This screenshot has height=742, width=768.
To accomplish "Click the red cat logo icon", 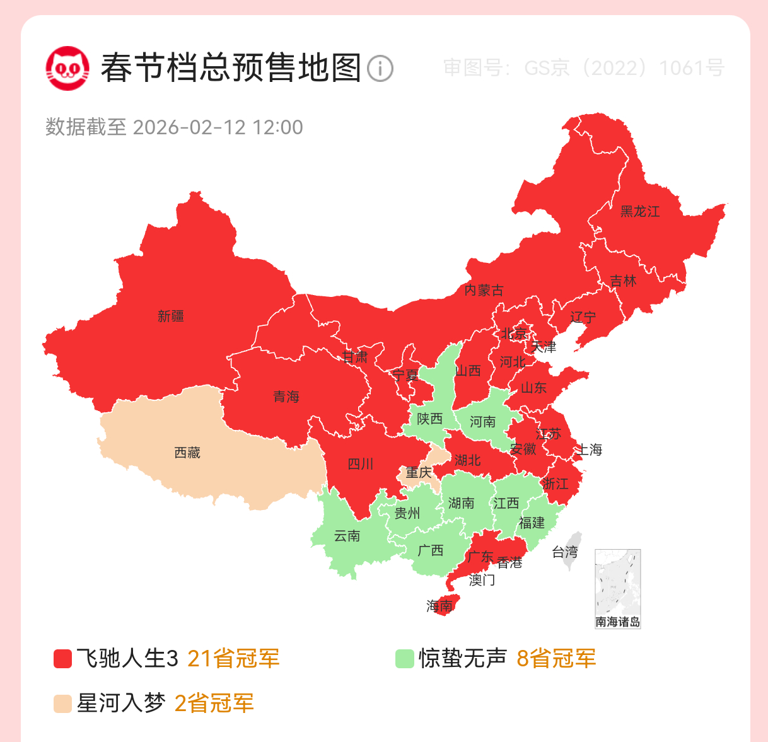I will tap(67, 68).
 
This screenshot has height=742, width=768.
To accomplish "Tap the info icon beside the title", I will tap(380, 68).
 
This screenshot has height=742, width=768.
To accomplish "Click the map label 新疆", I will tap(171, 316).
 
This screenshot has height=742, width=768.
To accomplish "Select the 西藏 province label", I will tap(187, 453).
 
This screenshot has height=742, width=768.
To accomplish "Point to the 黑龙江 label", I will tap(640, 212).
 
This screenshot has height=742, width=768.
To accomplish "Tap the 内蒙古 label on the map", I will tap(484, 291).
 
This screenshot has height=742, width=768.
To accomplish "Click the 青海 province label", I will tap(286, 397).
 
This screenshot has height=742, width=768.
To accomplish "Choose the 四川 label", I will tap(361, 465).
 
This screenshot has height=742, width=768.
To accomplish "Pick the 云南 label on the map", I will tap(347, 536).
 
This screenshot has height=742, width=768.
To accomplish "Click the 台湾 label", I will tap(565, 552).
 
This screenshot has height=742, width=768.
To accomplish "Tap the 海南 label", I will tap(439, 606).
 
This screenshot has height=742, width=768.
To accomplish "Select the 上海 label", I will tap(589, 449).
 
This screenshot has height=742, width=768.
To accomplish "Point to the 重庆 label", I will tap(419, 472).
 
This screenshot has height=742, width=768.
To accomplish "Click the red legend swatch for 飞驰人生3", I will tap(63, 659).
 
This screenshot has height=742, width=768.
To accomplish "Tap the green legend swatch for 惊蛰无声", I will tap(404, 659).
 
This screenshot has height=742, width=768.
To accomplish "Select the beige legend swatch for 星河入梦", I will tap(63, 704).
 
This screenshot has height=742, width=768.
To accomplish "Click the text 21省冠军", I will tap(233, 659).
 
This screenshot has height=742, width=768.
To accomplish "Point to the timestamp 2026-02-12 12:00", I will tap(218, 127).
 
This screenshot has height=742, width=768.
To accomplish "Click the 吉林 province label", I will tap(623, 281).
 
